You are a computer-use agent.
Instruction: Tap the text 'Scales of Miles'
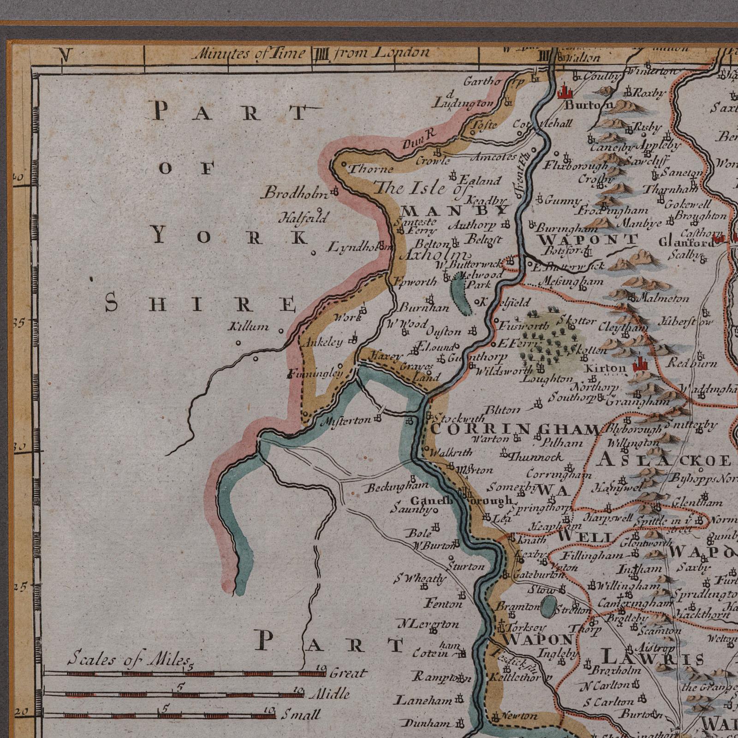coord(129,659)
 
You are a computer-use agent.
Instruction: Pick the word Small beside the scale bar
coord(300,715)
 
